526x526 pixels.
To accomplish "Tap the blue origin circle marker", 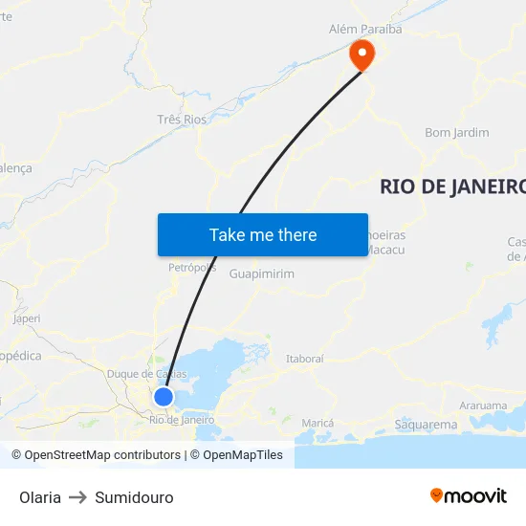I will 164,396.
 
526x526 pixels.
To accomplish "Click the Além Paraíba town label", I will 365,30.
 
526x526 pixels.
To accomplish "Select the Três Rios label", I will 182,120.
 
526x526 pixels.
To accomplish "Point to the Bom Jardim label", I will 456,133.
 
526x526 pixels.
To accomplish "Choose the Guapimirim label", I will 262,274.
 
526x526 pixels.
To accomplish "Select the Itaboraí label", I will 305,359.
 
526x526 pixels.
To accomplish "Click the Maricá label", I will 318,423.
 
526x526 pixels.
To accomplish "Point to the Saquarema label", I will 426,424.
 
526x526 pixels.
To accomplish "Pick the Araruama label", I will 483,405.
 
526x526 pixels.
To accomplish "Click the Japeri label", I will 27,318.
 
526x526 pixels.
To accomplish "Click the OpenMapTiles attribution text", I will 242,455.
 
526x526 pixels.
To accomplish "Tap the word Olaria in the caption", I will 40,497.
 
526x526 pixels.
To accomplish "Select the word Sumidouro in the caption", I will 134,497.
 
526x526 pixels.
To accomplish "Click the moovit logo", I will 468,496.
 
